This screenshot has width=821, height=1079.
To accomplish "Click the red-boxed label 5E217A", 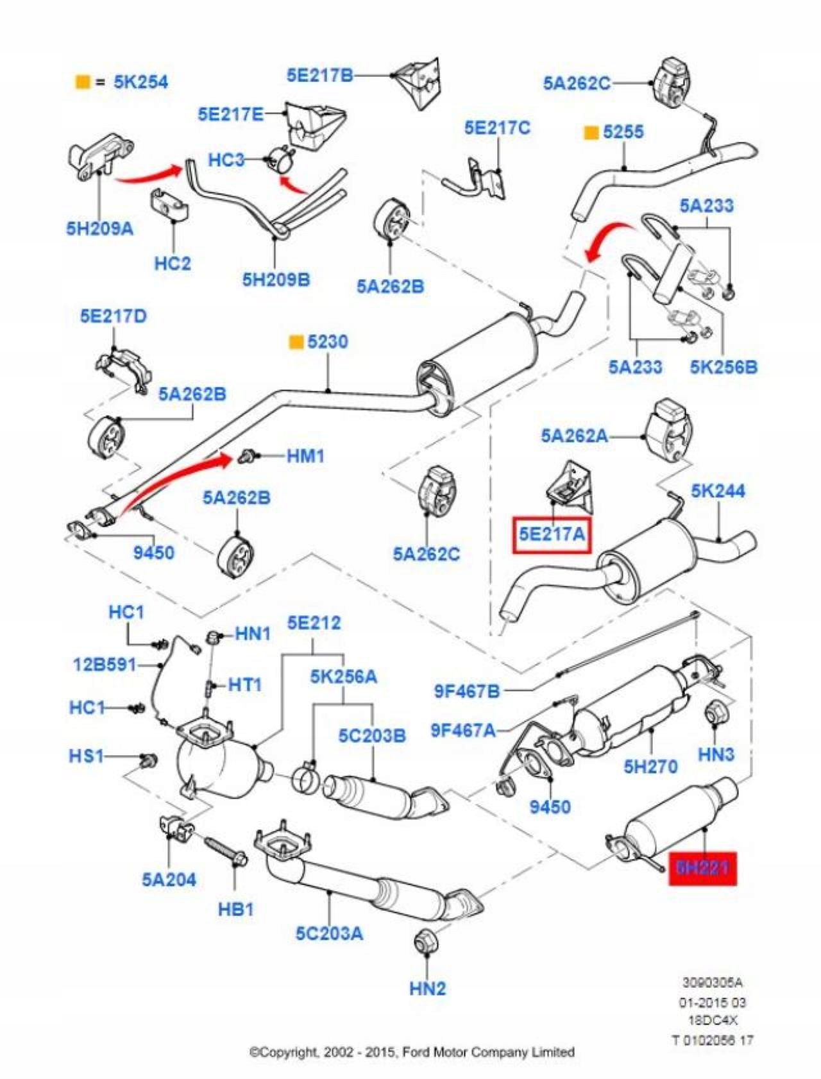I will (x=552, y=534).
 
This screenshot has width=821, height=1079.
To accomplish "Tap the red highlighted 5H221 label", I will (x=703, y=868).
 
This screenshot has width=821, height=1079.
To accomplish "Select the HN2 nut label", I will (x=427, y=989).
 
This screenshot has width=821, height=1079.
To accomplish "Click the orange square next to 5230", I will (x=296, y=342).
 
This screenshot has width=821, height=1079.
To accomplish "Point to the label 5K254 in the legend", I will (x=140, y=82).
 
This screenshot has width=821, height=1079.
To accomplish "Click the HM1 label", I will (x=305, y=456).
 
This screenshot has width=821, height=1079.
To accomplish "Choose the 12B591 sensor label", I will (x=105, y=665).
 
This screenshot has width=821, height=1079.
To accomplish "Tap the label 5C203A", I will (x=329, y=933).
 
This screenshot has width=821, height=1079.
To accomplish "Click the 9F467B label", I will (x=467, y=691).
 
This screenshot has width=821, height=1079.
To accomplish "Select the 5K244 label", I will (x=718, y=491).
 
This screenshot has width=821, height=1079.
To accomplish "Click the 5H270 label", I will (x=650, y=766).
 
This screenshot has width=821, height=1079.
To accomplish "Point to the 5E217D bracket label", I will (x=113, y=316).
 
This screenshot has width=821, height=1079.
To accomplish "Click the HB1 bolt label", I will (x=236, y=909).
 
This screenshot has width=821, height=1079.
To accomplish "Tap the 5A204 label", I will (x=169, y=879).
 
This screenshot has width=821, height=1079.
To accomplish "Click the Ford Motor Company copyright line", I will (x=411, y=1052).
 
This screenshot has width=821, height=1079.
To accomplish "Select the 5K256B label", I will (x=724, y=367).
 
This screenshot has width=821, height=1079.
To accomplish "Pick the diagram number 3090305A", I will (x=712, y=982).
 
